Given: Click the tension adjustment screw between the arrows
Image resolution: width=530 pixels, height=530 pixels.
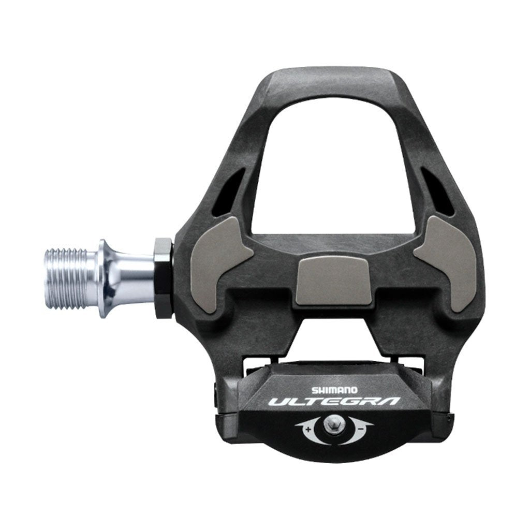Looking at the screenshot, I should tap(332, 426).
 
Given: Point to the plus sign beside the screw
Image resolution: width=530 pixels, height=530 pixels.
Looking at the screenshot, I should tap(308, 429).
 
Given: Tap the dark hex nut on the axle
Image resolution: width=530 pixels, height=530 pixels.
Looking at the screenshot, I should tap(164, 277).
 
